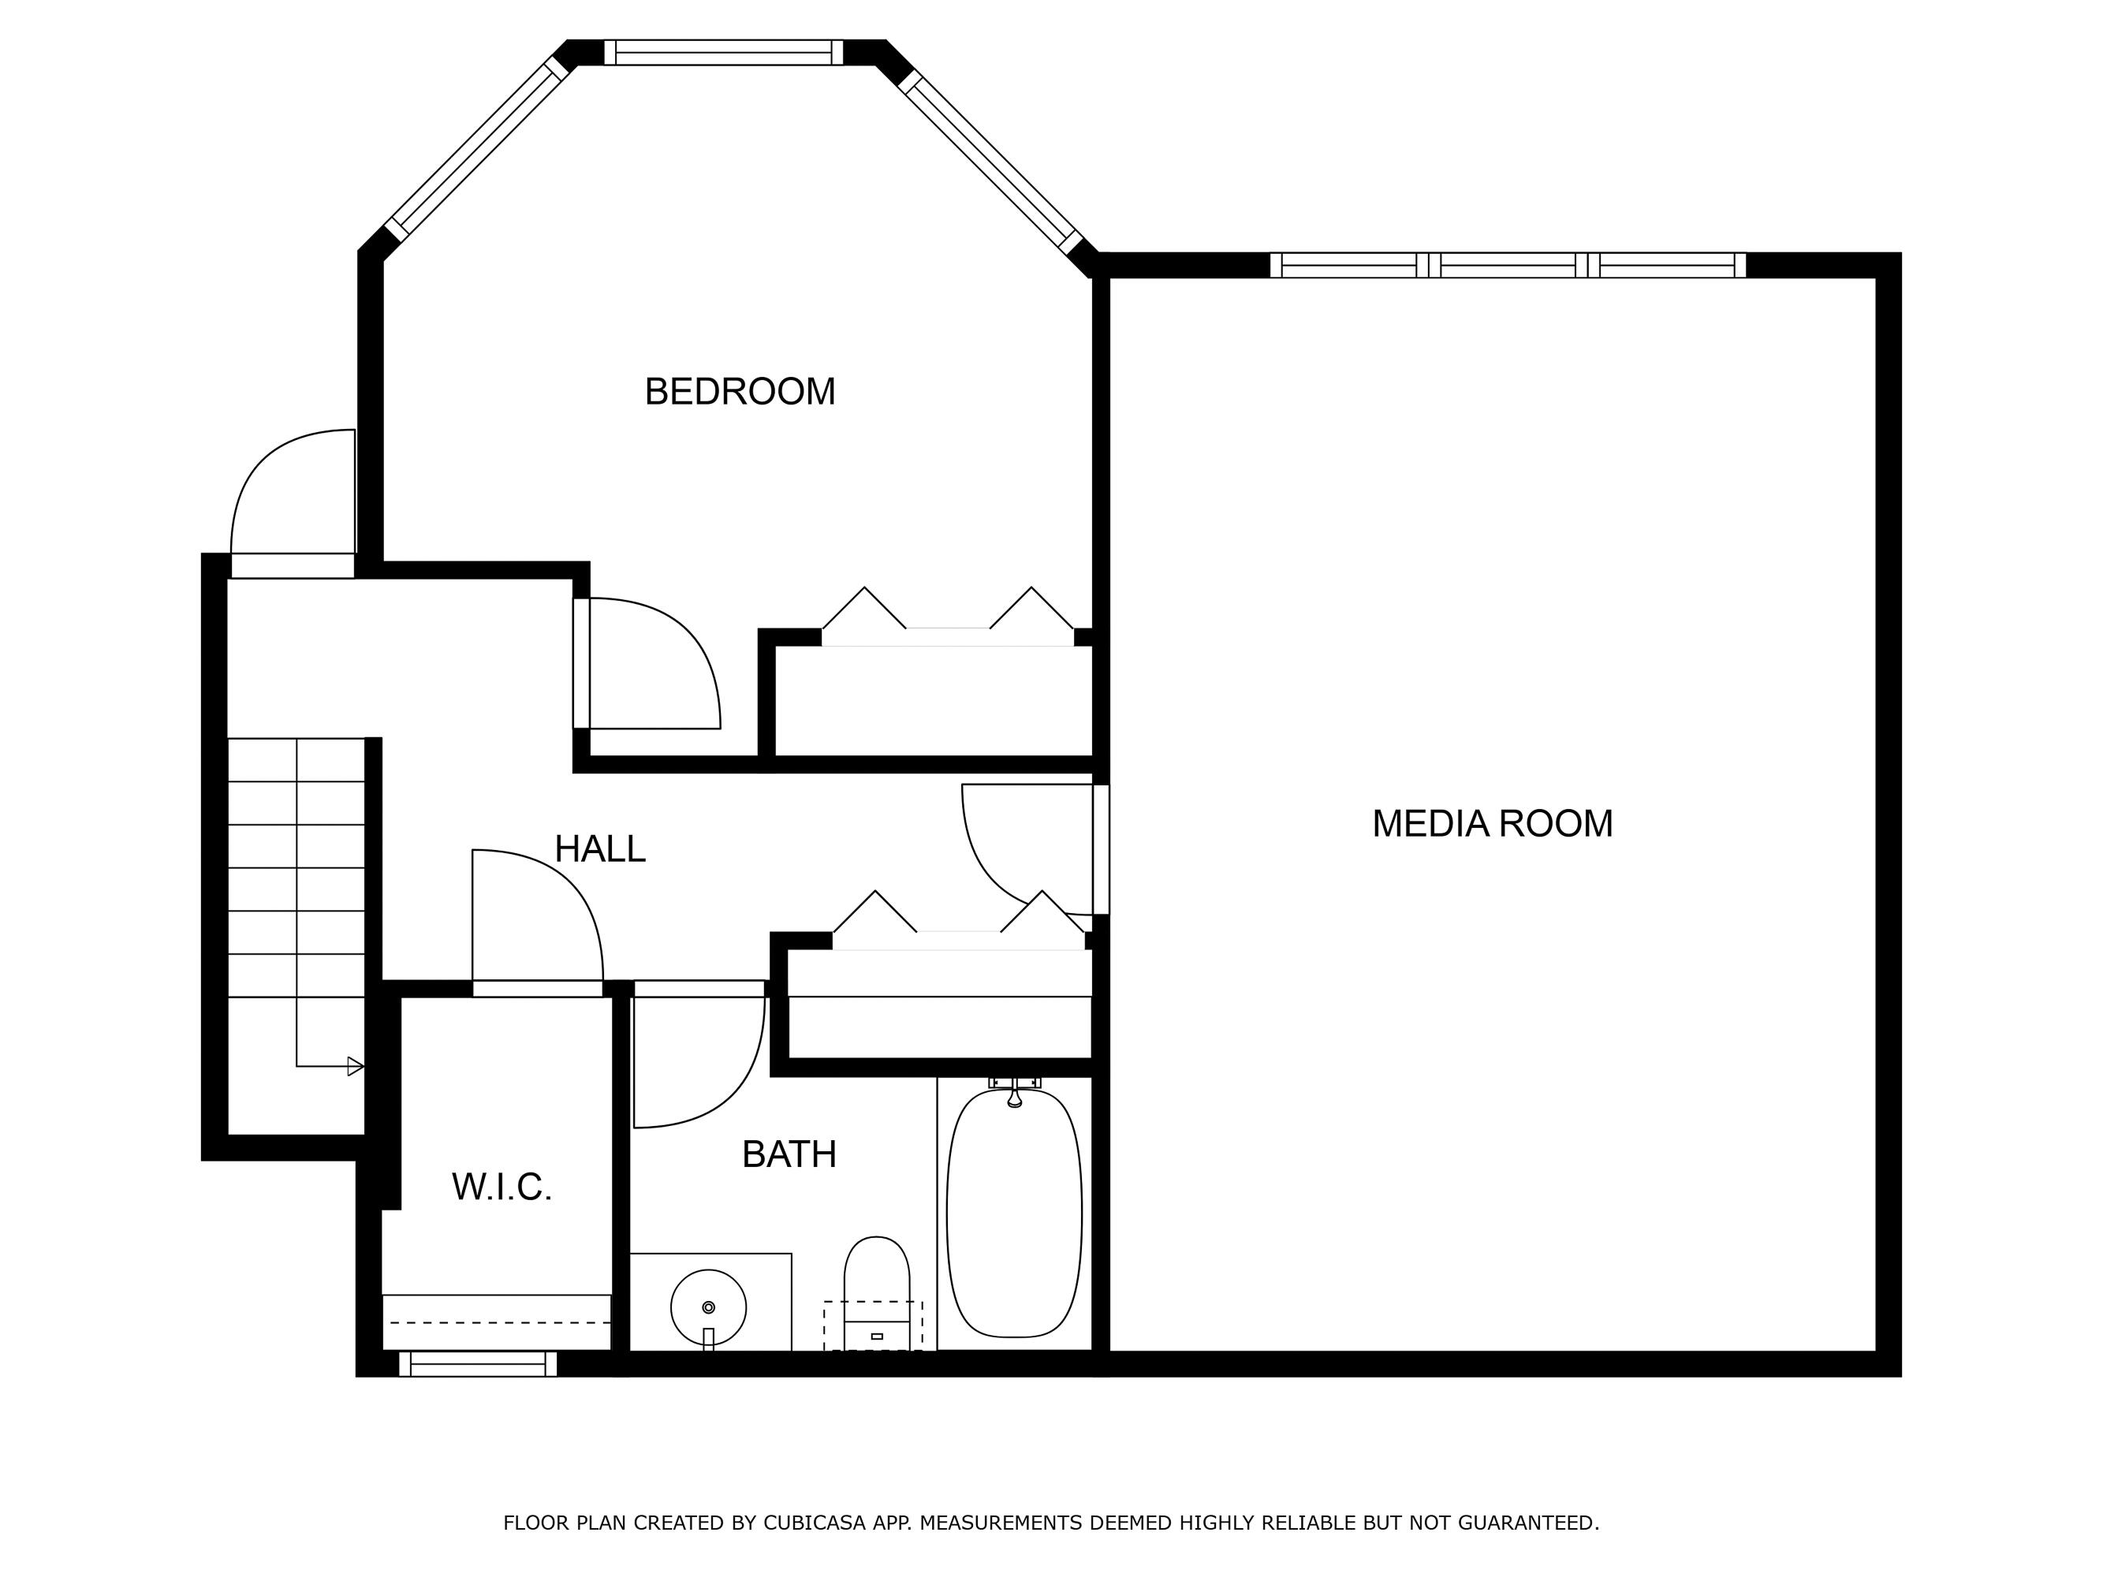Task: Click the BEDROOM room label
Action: tap(740, 392)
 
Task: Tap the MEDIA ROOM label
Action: tap(1492, 823)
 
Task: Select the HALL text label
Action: tap(600, 849)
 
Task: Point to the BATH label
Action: tap(789, 1154)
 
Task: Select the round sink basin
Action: tap(708, 1308)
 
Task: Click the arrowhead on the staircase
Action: tap(356, 1067)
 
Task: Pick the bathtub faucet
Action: tap(1014, 1094)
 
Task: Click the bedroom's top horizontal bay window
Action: tap(724, 52)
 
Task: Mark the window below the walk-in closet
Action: tap(478, 1364)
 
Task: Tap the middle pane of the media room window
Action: tap(1508, 265)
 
